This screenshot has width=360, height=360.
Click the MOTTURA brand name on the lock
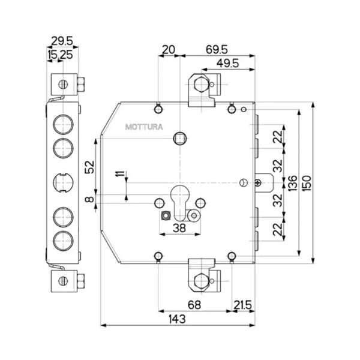pos(140,127)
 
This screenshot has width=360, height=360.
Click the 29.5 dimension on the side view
pos(62,41)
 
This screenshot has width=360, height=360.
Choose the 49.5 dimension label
pos(228,64)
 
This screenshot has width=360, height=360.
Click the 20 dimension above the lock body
pos(169,50)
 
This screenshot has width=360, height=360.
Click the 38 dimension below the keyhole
pos(178,228)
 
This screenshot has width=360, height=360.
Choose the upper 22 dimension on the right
pos(277,137)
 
